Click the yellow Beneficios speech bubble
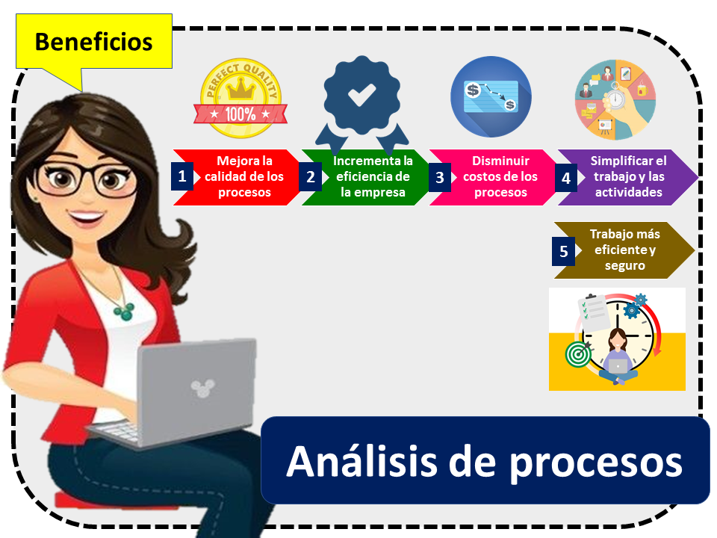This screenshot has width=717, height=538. (93, 41)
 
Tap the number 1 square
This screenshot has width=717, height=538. (181, 176)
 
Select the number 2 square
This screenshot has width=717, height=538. (310, 177)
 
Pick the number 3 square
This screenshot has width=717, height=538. (439, 177)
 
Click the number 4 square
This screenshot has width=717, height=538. (565, 178)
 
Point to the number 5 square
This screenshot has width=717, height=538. (563, 251)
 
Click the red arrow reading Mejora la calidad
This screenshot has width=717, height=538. (243, 176)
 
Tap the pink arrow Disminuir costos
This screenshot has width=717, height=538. (499, 176)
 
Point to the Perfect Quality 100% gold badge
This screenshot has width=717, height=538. (240, 102)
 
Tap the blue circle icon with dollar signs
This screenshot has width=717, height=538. (491, 97)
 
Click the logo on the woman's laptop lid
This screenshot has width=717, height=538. (199, 387)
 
